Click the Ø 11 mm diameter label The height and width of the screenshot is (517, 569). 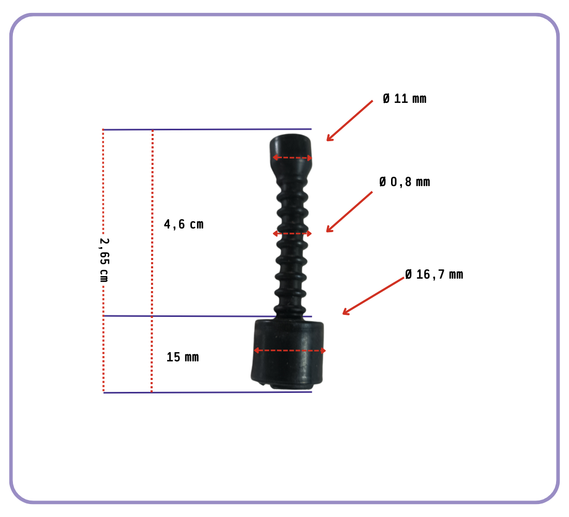point(405,99)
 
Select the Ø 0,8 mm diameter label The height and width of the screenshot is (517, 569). point(405,182)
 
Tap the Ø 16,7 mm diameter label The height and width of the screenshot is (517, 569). point(434,275)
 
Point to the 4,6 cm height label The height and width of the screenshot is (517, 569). point(184,224)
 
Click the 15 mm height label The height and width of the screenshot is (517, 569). point(183,357)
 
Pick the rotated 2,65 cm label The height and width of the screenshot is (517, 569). point(104,260)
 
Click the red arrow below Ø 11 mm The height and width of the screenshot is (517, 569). point(350,121)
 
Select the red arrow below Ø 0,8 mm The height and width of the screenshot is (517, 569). point(349,212)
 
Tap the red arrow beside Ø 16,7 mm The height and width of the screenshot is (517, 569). point(373,296)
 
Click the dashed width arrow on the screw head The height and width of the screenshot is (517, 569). point(292,158)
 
